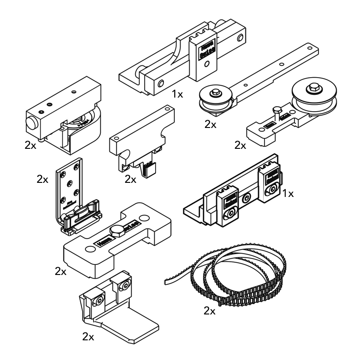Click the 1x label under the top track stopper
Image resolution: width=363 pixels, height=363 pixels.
(177, 94)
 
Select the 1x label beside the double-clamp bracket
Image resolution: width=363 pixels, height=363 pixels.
(288, 194)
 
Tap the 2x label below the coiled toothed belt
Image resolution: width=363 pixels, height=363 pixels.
(210, 311)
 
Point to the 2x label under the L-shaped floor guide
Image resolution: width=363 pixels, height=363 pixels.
(88, 337)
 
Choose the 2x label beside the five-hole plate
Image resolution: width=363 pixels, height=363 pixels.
(42, 179)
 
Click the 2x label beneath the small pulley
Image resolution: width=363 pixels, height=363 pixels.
(210, 124)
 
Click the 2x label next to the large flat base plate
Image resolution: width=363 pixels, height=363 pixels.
(60, 271)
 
